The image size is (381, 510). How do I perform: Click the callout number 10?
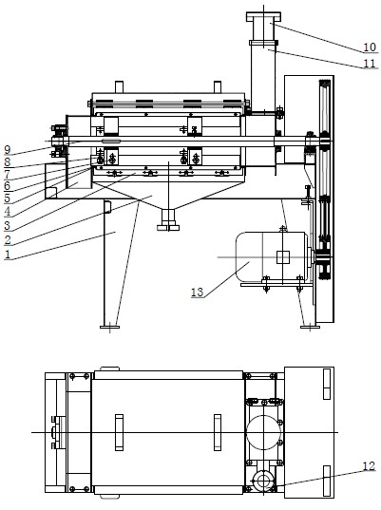[x=370, y=47]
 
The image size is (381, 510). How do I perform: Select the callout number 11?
[x=370, y=63]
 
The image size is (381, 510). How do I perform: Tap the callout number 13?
[x=198, y=293]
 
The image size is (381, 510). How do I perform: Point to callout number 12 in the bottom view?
[x=369, y=466]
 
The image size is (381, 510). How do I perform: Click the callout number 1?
[x=8, y=254]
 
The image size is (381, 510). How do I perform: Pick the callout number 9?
[x=8, y=150]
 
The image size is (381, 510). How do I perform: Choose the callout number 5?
[x=8, y=198]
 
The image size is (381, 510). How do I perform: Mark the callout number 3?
[x=8, y=225]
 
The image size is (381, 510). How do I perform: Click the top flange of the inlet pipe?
[x=263, y=16]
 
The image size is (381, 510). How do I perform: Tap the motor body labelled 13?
[x=271, y=256]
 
